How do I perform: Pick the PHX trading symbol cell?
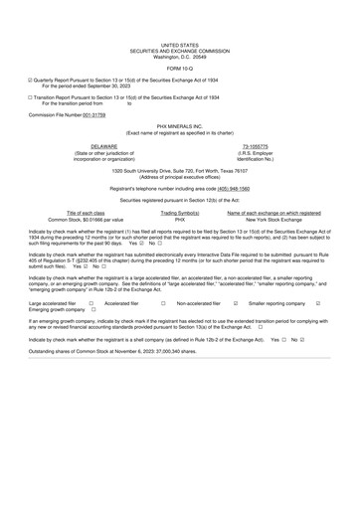[180, 220]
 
